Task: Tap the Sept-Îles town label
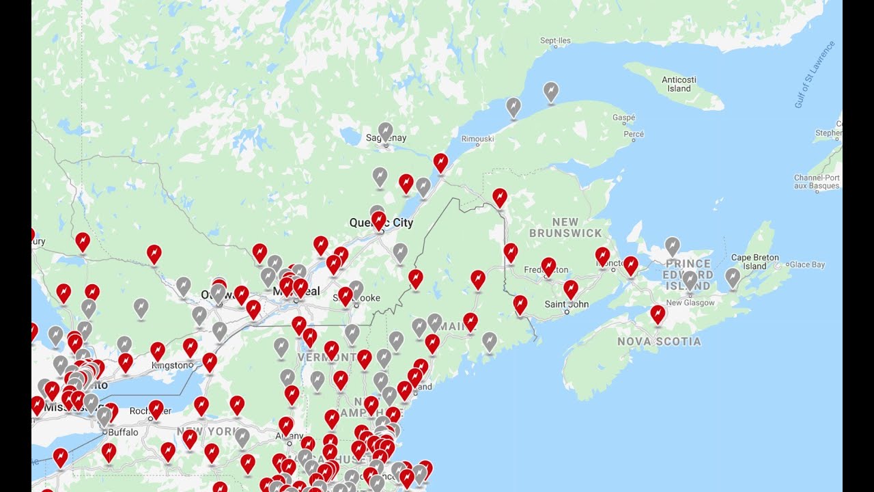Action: pos(555,41)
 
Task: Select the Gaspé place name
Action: pos(623,118)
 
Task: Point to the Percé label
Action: pos(634,134)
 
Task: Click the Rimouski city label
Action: pos(478,139)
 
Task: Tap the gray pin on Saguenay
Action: pos(385,131)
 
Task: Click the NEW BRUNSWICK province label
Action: pos(566,228)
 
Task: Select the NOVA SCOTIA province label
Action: pos(659,341)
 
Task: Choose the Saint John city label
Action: pos(566,303)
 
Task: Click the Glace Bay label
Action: pos(807,264)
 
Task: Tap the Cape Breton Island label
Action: pos(755,262)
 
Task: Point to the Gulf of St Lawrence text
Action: pos(815,75)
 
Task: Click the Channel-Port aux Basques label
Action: pos(817,182)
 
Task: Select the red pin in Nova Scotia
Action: pos(658,314)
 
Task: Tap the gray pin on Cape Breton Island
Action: pos(733,277)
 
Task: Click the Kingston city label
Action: pos(172,366)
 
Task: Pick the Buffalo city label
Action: pos(123,432)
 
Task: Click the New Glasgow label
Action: pos(690,303)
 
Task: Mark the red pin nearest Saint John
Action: pos(571,289)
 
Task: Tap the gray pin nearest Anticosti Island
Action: pos(551,91)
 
